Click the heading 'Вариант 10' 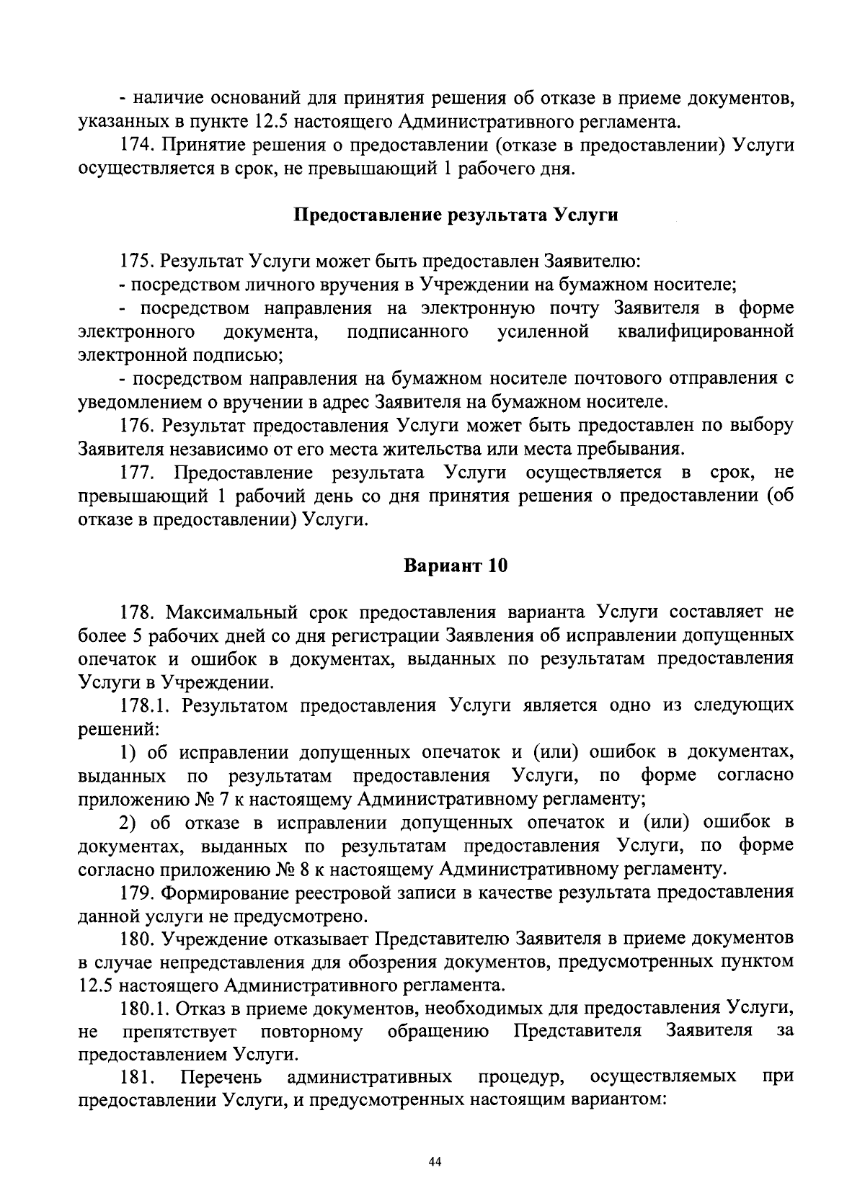(x=456, y=566)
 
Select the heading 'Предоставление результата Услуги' (x=456, y=215)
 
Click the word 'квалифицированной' (x=706, y=332)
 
